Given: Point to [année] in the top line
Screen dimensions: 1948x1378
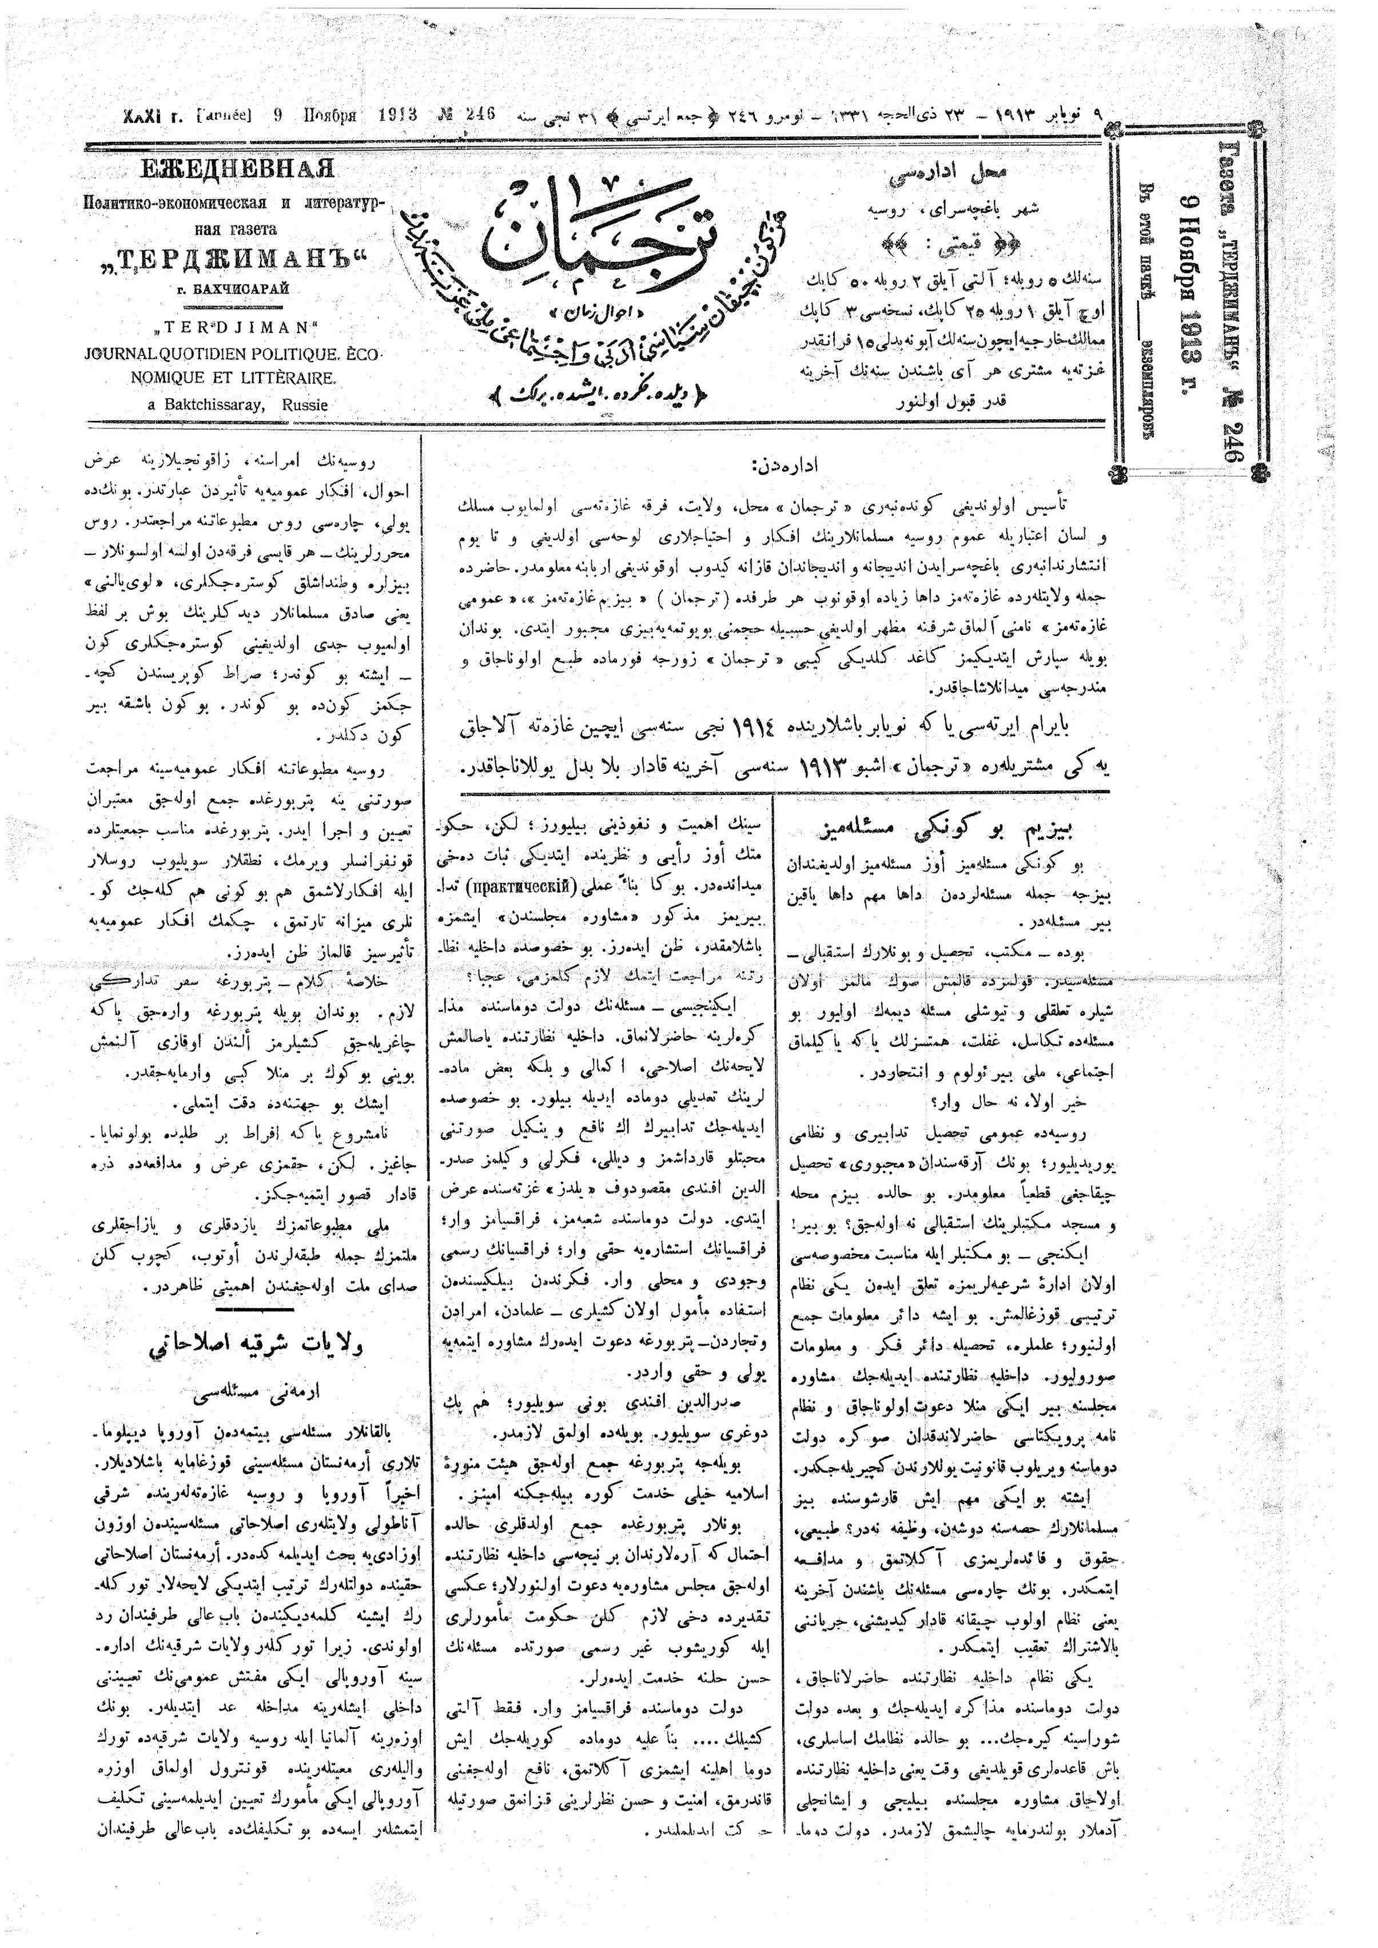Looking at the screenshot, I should [x=223, y=116].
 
